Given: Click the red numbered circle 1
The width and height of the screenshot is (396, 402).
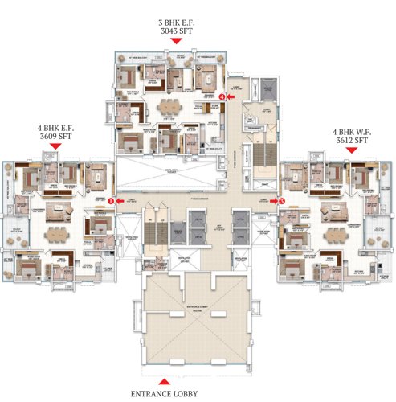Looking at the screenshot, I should [112, 203].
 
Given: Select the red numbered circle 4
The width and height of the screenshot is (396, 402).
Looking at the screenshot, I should [231, 97].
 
